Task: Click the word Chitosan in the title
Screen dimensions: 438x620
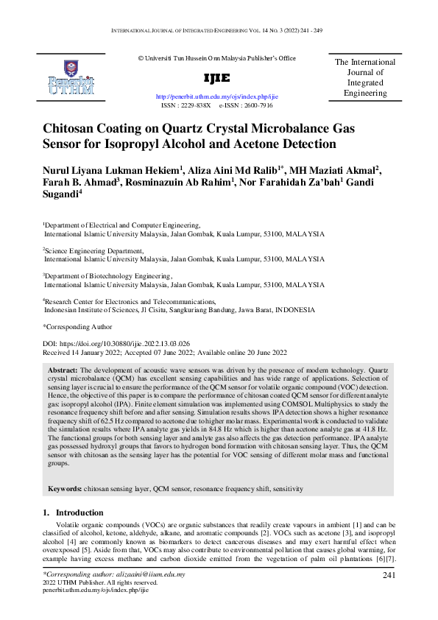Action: pyautogui.click(x=73, y=128)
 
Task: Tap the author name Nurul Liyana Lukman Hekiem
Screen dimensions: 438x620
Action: pyautogui.click(x=111, y=171)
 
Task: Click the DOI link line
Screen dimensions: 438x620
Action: pyautogui.click(x=116, y=343)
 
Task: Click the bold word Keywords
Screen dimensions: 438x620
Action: pyautogui.click(x=65, y=489)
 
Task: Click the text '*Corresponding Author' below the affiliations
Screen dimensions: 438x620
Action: pyautogui.click(x=77, y=327)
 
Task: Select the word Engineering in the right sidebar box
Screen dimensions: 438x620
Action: pyautogui.click(x=365, y=94)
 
